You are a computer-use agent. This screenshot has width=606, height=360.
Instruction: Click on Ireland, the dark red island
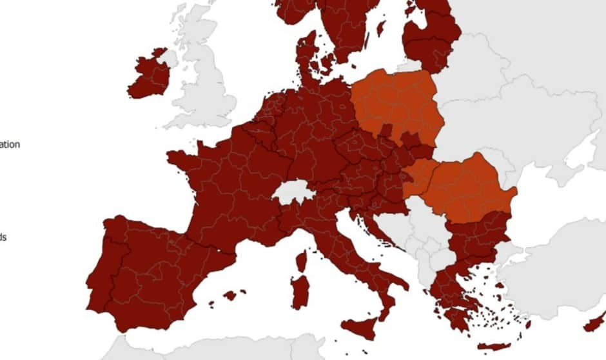(150, 76)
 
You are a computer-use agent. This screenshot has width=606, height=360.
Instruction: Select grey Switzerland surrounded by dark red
(293, 192)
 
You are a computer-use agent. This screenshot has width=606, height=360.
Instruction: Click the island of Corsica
(301, 261)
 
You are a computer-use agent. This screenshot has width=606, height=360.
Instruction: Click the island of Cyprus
(594, 323)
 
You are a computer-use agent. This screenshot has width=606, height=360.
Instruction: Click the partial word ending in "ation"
(9, 145)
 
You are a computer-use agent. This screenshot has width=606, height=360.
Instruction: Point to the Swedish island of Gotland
(381, 28)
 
